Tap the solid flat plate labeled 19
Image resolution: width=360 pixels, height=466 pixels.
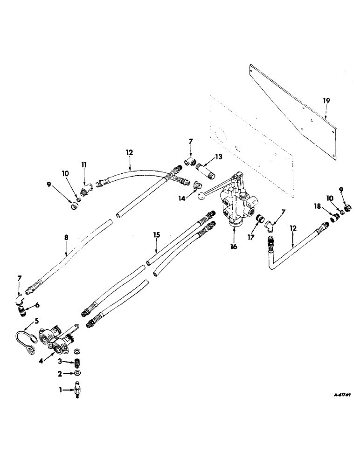(x=294, y=103)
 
